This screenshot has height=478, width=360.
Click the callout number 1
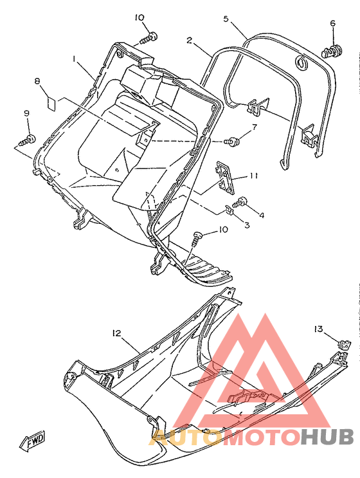[74, 59]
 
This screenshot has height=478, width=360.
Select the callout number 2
[190, 40]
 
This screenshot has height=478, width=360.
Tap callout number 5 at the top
[226, 19]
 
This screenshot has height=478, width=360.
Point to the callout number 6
[332, 23]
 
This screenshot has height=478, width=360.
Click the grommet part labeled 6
[332, 51]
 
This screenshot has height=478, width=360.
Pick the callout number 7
[255, 127]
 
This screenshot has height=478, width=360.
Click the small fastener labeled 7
[232, 142]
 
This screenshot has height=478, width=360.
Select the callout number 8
[37, 81]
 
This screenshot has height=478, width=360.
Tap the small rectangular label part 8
[51, 103]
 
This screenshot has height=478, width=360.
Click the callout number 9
[27, 113]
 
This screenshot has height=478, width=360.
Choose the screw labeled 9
[28, 140]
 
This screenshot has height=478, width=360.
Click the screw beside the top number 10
[149, 38]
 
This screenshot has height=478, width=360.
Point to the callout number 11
[254, 176]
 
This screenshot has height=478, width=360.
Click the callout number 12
[116, 333]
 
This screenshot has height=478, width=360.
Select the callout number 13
[318, 329]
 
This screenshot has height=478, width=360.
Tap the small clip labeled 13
[345, 345]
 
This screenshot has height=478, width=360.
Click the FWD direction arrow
[33, 441]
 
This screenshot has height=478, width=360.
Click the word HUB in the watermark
[327, 438]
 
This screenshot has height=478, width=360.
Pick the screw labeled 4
[240, 202]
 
